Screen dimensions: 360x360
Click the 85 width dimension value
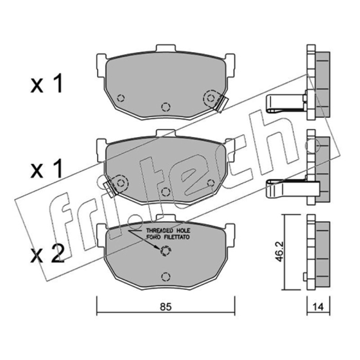click(166, 307)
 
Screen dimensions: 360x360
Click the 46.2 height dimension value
click(279, 252)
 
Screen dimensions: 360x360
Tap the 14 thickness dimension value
click(318, 307)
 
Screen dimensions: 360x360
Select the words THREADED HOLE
click(168, 230)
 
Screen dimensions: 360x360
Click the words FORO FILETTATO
click(168, 237)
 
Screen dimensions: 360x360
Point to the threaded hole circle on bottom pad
click(166, 251)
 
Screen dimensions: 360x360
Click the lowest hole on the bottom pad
click(166, 277)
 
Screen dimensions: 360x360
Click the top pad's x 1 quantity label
click(47, 83)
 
